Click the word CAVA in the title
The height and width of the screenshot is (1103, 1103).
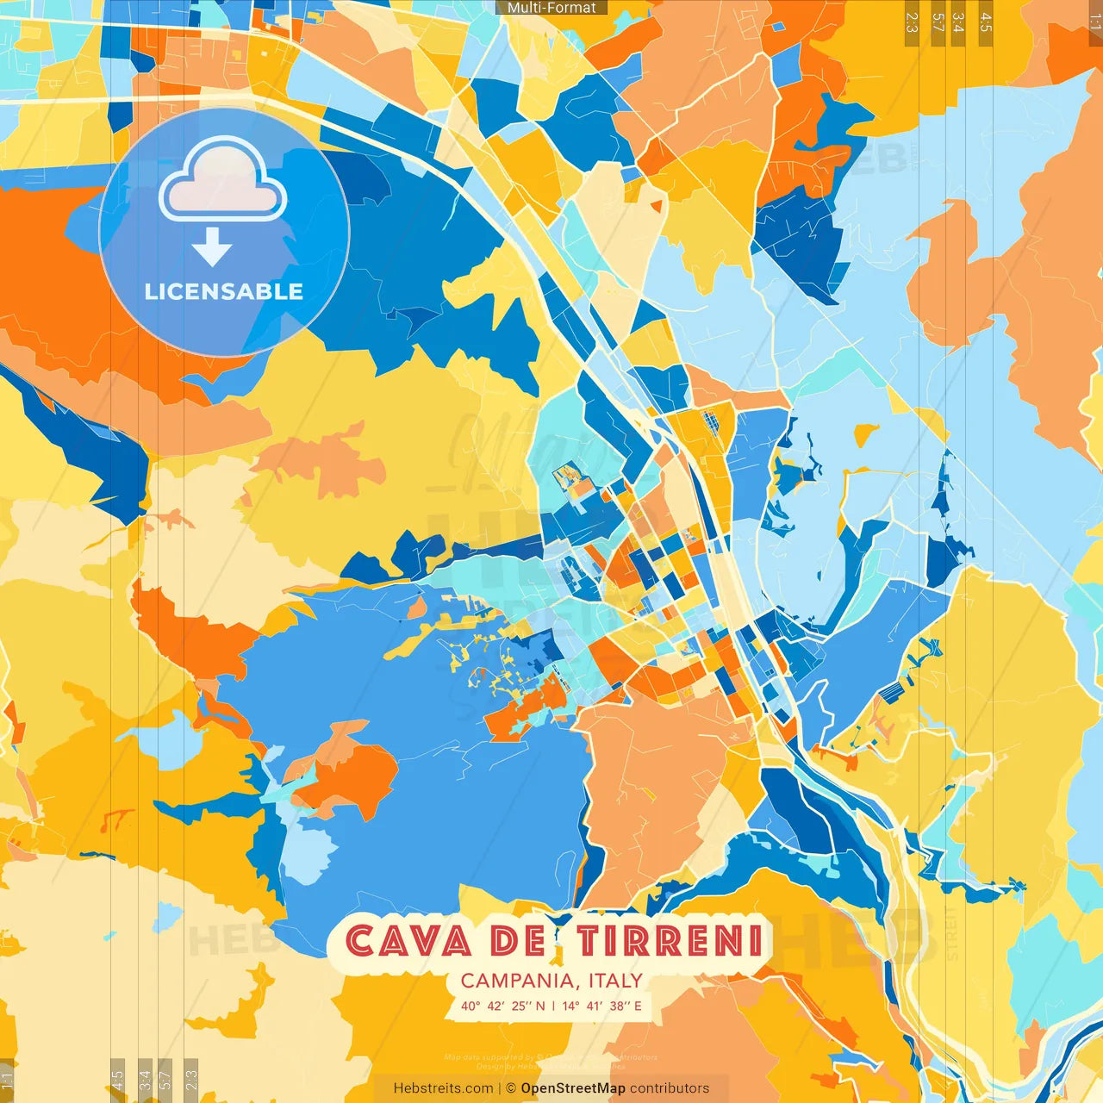coord(408,940)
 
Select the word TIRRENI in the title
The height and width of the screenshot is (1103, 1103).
coord(670,940)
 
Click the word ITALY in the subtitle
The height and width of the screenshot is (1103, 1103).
coord(615,981)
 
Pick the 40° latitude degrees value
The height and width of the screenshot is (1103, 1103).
coord(470,1006)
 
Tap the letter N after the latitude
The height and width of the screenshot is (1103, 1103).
coord(540,1006)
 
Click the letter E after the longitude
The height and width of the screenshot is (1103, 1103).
coord(637,1006)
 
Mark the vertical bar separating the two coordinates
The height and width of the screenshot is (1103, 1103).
coord(552,1006)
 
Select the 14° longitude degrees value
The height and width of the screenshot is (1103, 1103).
coord(570,1006)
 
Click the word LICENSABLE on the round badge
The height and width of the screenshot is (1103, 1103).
coord(224,291)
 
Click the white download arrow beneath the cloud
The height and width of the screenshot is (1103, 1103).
coord(212,247)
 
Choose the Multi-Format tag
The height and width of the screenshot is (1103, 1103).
coord(551,8)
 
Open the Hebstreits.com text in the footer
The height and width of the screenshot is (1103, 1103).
coord(443,1088)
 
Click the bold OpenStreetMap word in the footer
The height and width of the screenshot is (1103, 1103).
coord(573,1088)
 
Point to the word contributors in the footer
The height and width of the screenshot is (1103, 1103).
coord(670,1088)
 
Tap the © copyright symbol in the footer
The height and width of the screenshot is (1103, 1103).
coord(510,1088)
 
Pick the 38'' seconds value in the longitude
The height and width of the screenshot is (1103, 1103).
coord(619,1006)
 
